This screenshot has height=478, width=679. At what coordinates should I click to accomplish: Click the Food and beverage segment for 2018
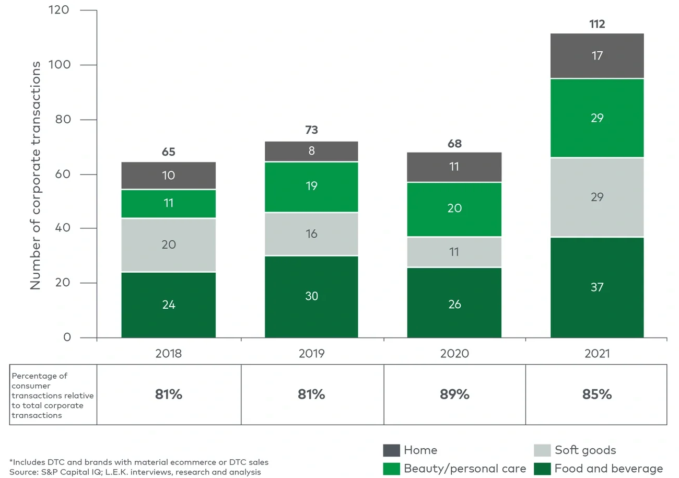click(x=168, y=305)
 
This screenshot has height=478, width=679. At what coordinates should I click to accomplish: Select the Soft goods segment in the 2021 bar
click(x=597, y=197)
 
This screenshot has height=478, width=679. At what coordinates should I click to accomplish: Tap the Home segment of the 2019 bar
click(x=311, y=151)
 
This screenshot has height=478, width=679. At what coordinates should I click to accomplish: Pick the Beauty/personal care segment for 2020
click(x=454, y=208)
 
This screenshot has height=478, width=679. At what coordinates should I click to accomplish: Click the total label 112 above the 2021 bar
click(x=597, y=24)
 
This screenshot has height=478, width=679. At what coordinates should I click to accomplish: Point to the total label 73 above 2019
click(x=311, y=130)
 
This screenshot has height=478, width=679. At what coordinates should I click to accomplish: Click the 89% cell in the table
click(x=454, y=394)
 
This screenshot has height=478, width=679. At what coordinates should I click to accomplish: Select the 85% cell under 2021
click(x=597, y=394)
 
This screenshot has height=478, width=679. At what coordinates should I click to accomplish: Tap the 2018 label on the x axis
click(x=168, y=353)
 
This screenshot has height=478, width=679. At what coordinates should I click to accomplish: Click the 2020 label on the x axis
click(x=454, y=353)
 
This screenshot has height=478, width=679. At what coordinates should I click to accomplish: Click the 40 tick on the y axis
click(x=66, y=229)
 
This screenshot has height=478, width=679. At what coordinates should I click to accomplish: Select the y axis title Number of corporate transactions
click(x=36, y=175)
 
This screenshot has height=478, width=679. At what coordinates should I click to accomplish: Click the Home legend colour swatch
click(x=391, y=450)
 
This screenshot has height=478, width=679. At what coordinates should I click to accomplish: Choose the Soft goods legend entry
click(x=585, y=450)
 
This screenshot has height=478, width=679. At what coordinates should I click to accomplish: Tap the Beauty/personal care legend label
click(x=465, y=469)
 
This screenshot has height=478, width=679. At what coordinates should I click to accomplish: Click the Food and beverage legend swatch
click(x=542, y=469)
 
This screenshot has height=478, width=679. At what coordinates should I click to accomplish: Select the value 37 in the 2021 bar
click(x=597, y=287)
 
